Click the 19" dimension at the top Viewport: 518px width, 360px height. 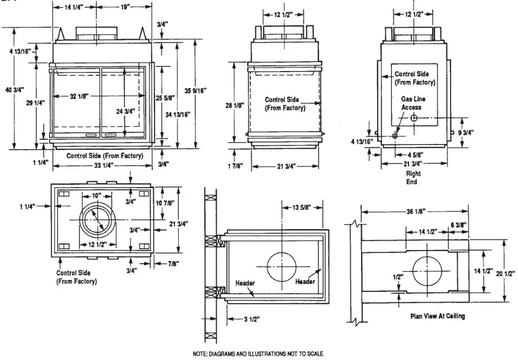coord(125,7)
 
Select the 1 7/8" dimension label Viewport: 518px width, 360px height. coord(236,166)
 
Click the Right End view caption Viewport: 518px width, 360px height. coord(413,178)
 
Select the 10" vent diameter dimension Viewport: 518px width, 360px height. coord(96,195)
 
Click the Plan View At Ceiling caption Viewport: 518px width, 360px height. coord(437,316)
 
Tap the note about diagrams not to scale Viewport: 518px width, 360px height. coord(258,353)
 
